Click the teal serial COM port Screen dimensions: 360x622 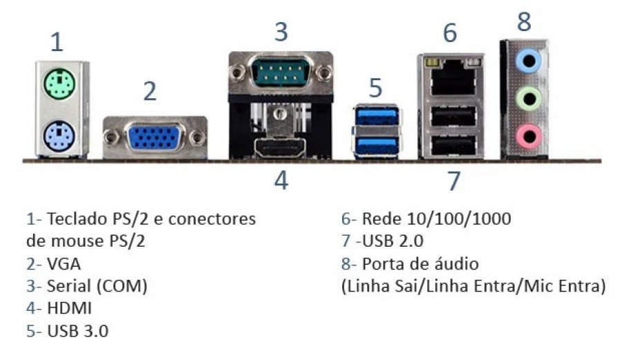(x=280, y=72)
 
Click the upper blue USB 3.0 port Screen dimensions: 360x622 (x=377, y=117)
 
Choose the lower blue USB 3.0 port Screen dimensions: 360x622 (x=377, y=144)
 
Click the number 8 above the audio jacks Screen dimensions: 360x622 (x=525, y=21)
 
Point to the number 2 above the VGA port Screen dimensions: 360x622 (x=150, y=91)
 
